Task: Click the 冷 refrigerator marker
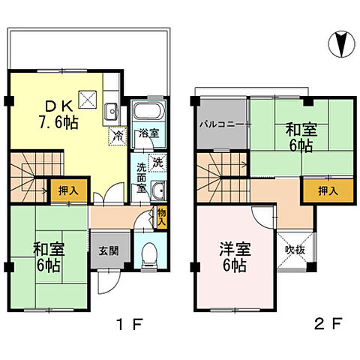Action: [x=118, y=136]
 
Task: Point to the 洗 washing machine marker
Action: [x=158, y=160]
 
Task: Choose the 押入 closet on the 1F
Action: [x=64, y=190]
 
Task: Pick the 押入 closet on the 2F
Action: [x=320, y=191]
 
